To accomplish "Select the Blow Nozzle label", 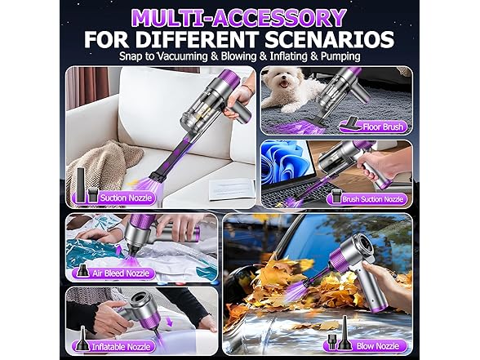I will (x=378, y=345).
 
